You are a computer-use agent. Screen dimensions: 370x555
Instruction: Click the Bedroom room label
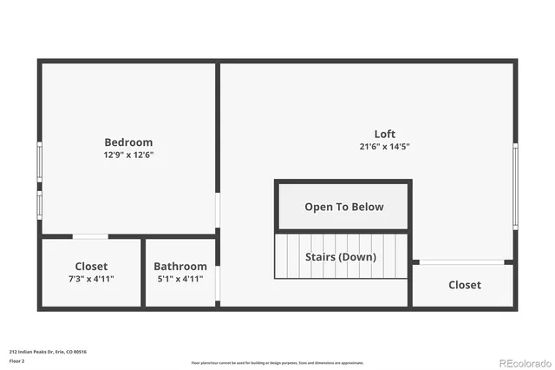coord(128,142)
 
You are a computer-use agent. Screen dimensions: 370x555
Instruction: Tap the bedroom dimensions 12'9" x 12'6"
coord(128,155)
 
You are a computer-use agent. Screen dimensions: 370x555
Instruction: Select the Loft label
coord(385,134)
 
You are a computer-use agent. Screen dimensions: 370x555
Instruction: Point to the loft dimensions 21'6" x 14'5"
coord(385,147)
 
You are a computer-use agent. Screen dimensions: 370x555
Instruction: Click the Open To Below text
coord(343,207)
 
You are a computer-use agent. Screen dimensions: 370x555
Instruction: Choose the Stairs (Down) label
coord(340,257)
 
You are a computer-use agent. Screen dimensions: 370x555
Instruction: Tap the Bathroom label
coord(180,267)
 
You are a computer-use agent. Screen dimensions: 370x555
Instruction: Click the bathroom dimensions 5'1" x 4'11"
coord(180,279)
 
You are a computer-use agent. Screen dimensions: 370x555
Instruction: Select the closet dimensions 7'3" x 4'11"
coord(91,279)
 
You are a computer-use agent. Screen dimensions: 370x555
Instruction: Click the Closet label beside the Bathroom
coord(91,267)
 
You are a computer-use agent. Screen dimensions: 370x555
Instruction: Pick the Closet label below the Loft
coord(464,285)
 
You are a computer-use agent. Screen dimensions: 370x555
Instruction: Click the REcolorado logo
coord(523,362)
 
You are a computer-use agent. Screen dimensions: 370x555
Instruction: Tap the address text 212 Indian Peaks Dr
coord(48,352)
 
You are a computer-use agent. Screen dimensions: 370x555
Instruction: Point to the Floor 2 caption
coord(17,360)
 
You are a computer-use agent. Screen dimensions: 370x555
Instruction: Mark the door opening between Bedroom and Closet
coord(90,236)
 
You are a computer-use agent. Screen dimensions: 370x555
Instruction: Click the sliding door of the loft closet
coord(460,261)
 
